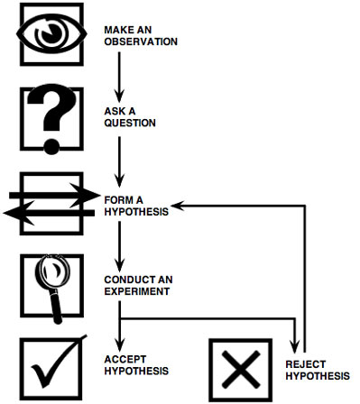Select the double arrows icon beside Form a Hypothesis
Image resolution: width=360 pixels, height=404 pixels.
(50, 203)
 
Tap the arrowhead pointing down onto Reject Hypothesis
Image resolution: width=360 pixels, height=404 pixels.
(295, 345)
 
